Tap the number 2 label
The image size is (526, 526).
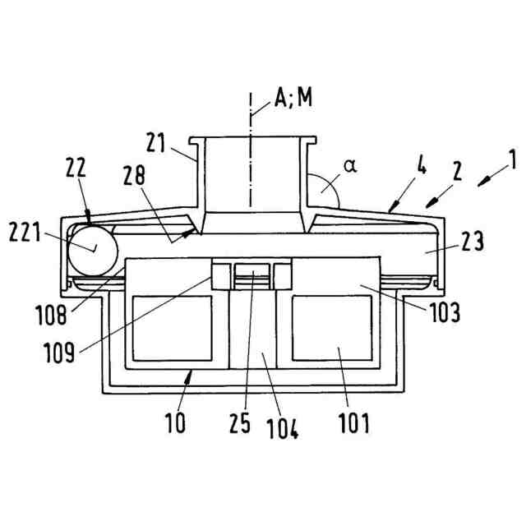(457, 173)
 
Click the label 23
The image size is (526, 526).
(472, 242)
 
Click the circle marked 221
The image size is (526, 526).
(92, 249)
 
